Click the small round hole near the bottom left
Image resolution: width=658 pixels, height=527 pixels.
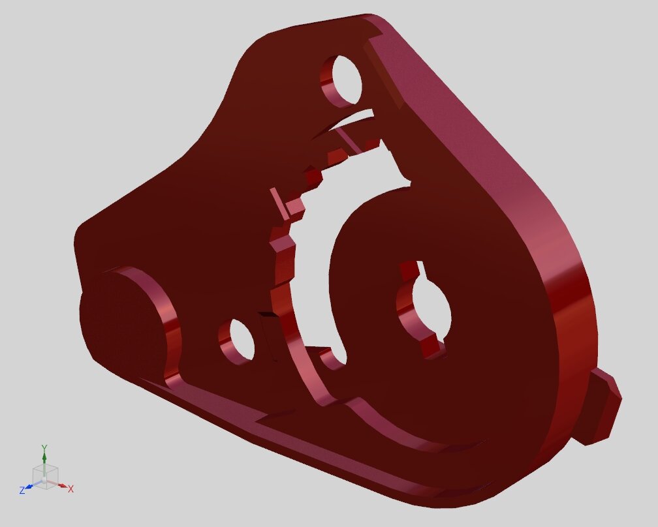point(239,340)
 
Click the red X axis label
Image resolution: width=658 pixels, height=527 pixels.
point(71,489)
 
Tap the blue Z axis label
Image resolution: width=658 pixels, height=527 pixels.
point(22,490)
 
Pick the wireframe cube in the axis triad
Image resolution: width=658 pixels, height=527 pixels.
point(45,476)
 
